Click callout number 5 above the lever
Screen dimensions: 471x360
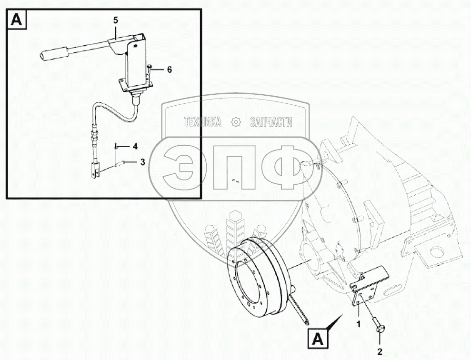(x=116, y=20)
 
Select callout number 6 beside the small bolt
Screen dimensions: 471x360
(x=170, y=70)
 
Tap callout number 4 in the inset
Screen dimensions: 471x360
(x=135, y=147)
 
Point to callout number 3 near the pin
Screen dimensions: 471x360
(x=143, y=162)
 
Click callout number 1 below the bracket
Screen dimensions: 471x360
(x=358, y=324)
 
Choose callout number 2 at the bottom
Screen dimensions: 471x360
(x=380, y=351)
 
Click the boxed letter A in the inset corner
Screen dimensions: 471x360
(x=17, y=20)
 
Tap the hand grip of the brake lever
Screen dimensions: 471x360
(x=54, y=53)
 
